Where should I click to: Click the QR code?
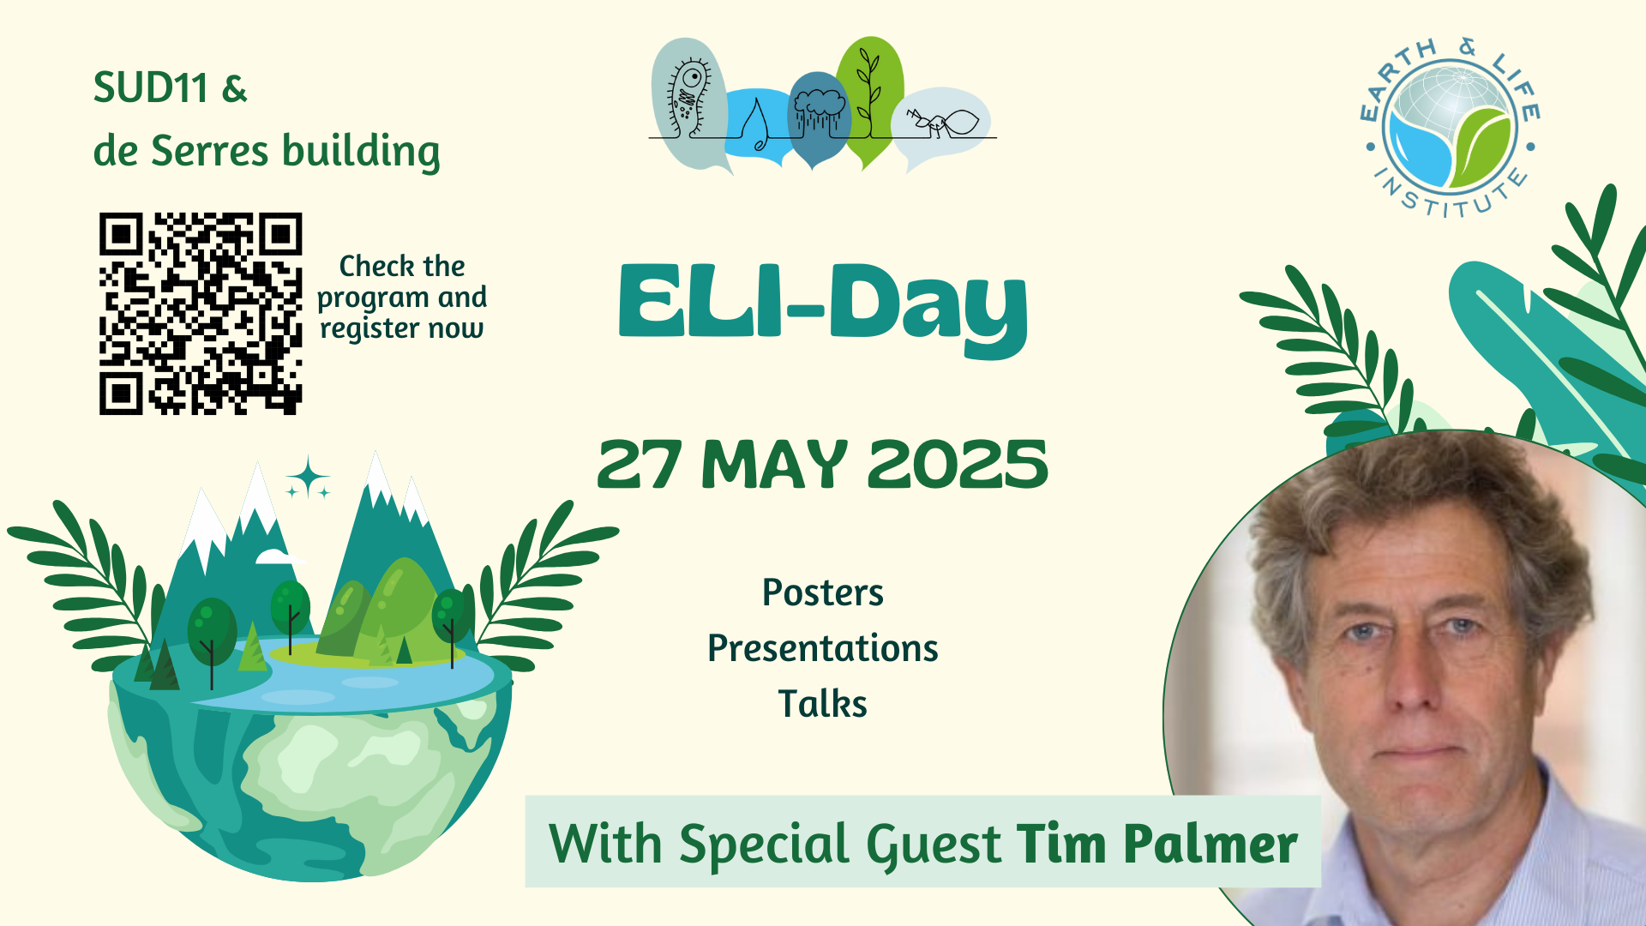click(x=201, y=314)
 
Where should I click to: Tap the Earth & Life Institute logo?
click(x=1450, y=128)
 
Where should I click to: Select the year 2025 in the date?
click(x=958, y=465)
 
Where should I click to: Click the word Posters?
click(x=823, y=592)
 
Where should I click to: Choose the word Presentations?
click(x=823, y=648)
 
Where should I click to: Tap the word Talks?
click(x=823, y=704)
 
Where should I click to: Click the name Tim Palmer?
click(x=1157, y=844)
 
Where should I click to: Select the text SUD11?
click(x=151, y=87)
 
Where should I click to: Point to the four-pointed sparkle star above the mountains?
click(x=308, y=478)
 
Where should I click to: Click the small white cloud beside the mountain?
click(x=279, y=557)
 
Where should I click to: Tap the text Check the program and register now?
click(x=401, y=298)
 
